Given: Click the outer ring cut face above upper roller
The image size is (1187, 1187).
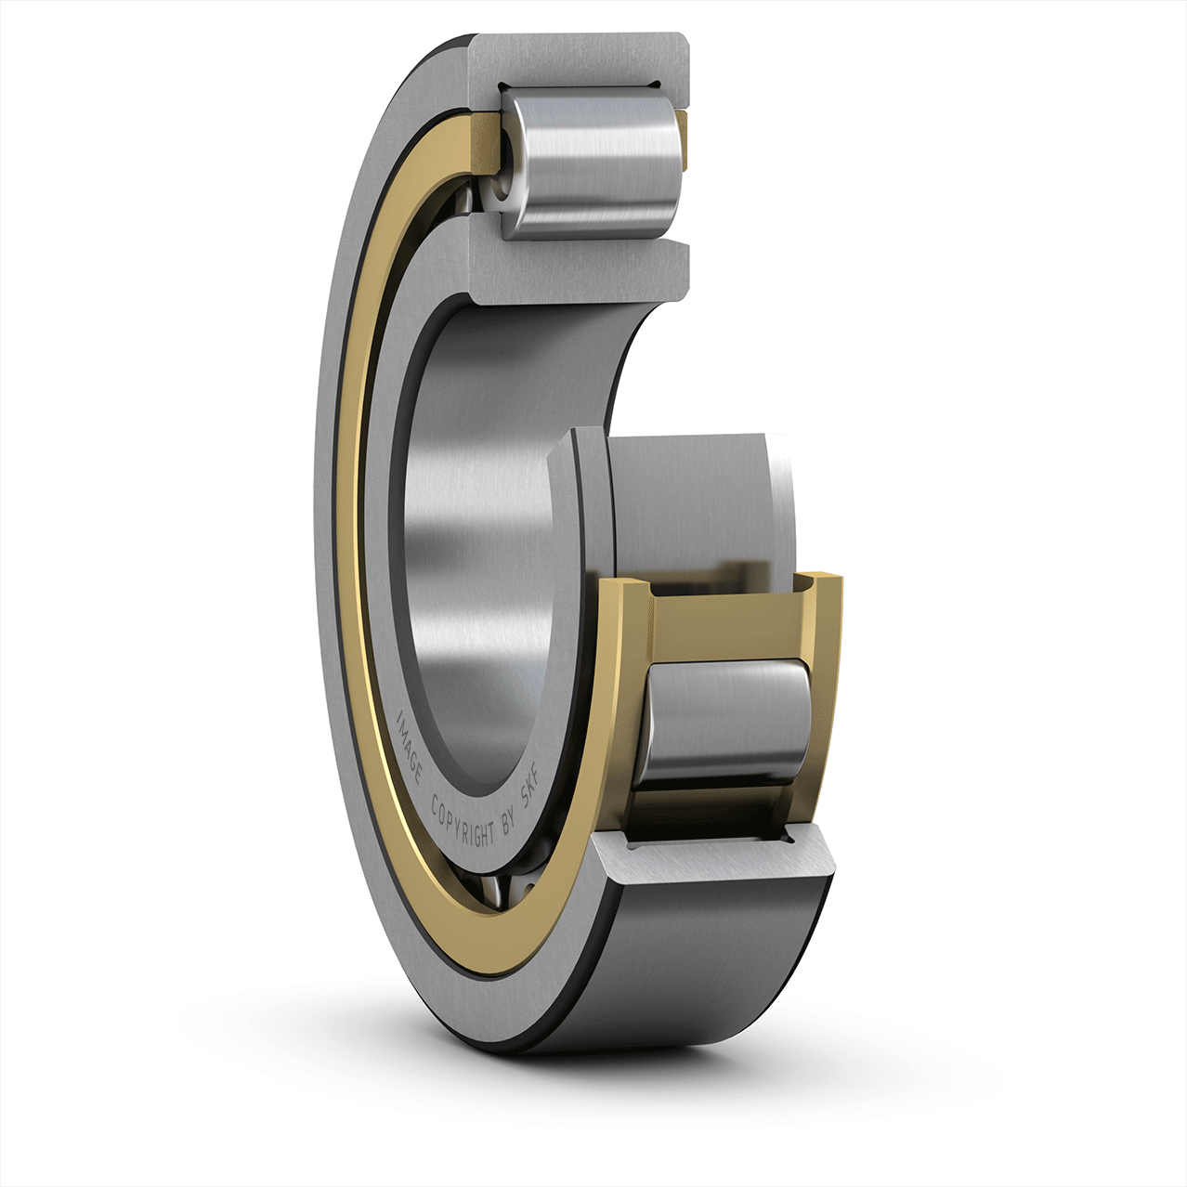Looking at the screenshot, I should coord(580,59).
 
